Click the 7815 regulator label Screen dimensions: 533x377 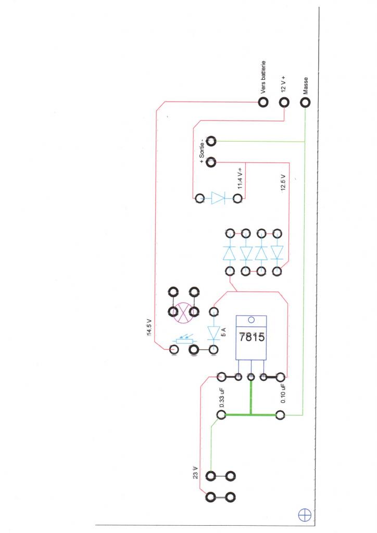[252, 337]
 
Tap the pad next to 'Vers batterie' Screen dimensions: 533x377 [264, 101]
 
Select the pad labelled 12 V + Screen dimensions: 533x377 [284, 101]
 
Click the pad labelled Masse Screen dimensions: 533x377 [305, 101]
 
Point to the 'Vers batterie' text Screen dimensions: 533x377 [264, 78]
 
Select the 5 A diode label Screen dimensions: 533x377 [223, 332]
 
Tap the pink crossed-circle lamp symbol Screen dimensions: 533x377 [184, 312]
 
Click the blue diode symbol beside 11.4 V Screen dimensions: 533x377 [218, 198]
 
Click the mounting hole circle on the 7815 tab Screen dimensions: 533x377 [252, 320]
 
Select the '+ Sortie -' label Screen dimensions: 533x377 [203, 151]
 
